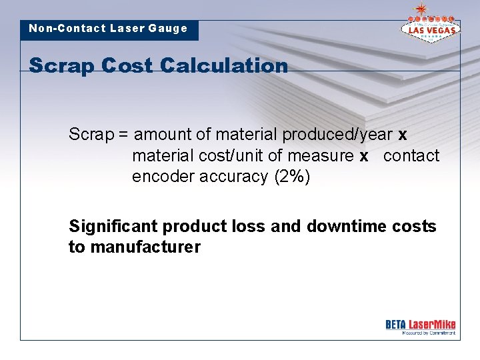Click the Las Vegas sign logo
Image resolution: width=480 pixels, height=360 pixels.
[x=429, y=28]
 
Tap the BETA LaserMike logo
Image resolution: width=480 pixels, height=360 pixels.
[x=420, y=326]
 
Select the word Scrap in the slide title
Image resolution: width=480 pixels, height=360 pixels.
[x=61, y=66]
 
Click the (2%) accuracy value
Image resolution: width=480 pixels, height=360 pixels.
[x=292, y=177]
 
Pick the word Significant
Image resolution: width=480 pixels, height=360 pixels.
[x=113, y=227]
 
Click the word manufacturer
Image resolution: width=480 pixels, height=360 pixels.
[x=145, y=247]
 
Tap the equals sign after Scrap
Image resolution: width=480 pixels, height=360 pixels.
[x=123, y=135]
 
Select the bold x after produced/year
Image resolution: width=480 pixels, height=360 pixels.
[x=402, y=135]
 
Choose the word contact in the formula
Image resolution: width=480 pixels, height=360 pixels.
[x=411, y=156]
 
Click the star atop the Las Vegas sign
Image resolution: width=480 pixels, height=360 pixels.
[x=421, y=9]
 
